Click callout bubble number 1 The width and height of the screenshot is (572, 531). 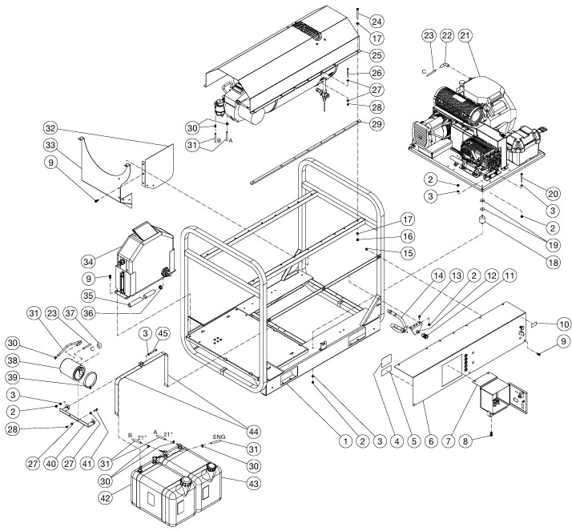coord(345,440)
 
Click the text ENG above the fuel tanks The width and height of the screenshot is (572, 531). coord(218,437)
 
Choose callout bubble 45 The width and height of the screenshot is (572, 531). coord(163,333)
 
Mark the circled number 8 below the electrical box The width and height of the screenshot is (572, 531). coord(486,440)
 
